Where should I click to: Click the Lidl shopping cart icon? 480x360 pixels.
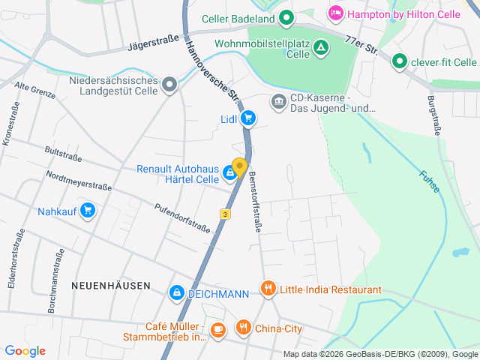tap(248, 118)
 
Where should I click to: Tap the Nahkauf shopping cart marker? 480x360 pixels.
tap(88, 211)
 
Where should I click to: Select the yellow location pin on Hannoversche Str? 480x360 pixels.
tap(239, 167)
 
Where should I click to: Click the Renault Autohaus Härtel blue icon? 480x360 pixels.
tap(229, 175)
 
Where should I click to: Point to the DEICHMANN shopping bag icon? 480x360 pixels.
tap(176, 292)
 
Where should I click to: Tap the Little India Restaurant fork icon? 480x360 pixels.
tap(268, 289)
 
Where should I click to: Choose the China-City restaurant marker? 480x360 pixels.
tap(243, 328)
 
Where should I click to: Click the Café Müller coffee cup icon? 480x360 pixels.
tap(217, 329)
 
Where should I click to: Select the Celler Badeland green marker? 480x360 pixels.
tap(286, 18)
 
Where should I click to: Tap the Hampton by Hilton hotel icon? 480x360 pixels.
tap(335, 13)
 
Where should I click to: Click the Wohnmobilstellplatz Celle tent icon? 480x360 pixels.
tap(321, 49)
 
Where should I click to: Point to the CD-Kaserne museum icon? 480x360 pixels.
tap(279, 100)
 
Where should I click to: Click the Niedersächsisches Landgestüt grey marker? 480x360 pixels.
tap(170, 85)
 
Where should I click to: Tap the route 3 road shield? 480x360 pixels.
tap(224, 214)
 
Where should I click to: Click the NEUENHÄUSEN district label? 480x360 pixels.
tap(111, 286)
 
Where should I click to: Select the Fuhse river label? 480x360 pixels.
tap(428, 182)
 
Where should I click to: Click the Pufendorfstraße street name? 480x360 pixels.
tap(182, 217)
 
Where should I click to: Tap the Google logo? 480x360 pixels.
tap(25, 350)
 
